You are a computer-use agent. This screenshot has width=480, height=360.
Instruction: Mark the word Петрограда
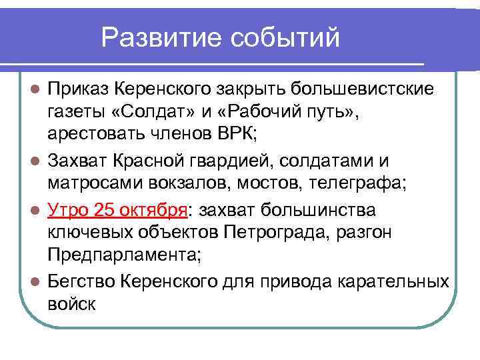tap(272, 234)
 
